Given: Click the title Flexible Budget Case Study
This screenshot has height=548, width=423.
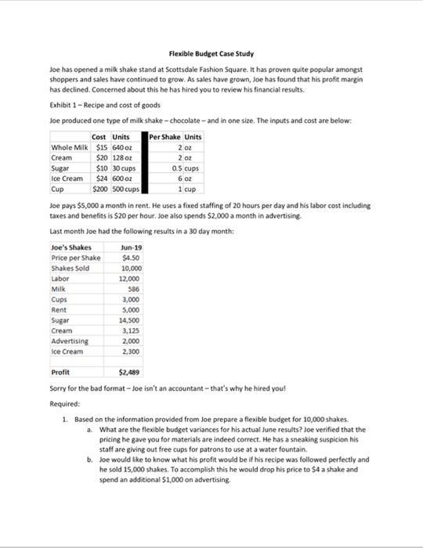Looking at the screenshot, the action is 211,54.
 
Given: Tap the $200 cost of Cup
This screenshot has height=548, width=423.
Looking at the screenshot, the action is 101,188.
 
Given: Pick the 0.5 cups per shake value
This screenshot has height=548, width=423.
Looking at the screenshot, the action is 183,168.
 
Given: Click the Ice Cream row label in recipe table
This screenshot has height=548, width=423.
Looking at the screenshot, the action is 68,178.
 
